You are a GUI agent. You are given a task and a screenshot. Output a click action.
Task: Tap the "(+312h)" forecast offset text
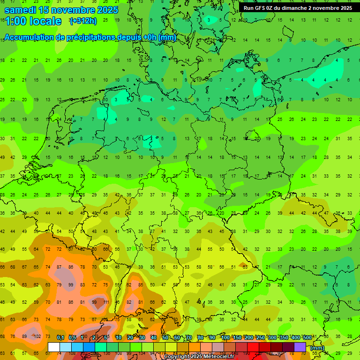(x=83, y=21)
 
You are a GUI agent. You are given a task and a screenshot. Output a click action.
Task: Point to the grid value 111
(x=106, y=302)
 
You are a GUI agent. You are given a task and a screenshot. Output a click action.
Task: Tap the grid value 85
(x=140, y=285)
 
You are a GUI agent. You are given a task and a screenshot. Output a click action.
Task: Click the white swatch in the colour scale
(x=53, y=347)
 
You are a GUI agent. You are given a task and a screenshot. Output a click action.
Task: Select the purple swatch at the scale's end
(x=300, y=347)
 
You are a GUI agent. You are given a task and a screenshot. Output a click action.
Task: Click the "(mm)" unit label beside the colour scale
(x=317, y=348)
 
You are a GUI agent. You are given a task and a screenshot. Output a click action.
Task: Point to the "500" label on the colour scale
(x=307, y=337)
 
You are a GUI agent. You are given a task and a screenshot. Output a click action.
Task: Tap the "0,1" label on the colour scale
(x=60, y=337)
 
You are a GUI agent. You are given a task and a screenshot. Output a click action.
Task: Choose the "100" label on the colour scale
(x=225, y=337)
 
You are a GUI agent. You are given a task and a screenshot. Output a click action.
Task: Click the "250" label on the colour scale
(x=260, y=337)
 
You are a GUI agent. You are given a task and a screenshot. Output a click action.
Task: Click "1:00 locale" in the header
(x=33, y=21)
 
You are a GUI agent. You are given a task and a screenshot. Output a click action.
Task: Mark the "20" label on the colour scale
(x=130, y=337)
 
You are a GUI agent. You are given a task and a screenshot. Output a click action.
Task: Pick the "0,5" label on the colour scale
(x=72, y=337)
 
